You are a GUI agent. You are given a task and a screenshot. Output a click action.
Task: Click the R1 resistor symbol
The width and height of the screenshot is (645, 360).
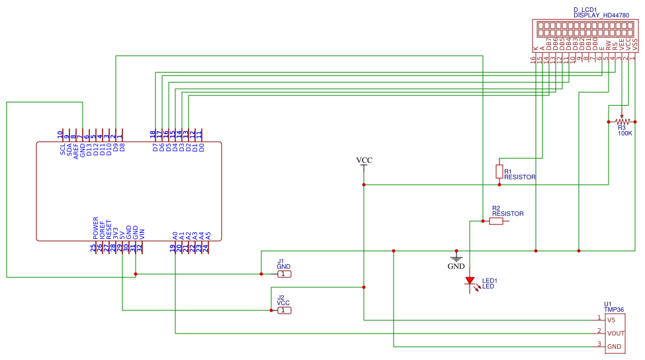click(x=499, y=171)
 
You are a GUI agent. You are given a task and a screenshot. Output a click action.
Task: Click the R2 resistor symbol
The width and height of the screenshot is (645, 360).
click(x=495, y=222)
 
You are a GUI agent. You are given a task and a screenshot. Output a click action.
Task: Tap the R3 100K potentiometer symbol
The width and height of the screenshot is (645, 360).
click(x=621, y=122)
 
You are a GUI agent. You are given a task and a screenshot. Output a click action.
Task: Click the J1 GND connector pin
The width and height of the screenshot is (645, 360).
click(x=283, y=273)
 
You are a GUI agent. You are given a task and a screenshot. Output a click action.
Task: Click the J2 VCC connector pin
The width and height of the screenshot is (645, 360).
click(x=283, y=310)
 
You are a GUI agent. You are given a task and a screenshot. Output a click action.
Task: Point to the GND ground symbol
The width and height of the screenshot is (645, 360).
click(x=456, y=259)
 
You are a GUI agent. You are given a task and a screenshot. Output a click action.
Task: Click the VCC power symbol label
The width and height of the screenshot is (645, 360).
click(x=364, y=161)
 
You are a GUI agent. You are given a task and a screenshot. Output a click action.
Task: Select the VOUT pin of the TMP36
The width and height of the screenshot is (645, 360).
click(x=616, y=333)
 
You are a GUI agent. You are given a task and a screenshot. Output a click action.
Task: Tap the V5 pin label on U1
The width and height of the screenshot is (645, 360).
click(x=611, y=320)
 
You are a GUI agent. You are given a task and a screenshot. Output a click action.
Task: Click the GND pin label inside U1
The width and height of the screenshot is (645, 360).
click(x=614, y=346)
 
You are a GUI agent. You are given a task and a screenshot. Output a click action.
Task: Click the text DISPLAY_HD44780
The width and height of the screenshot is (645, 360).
click(x=601, y=15)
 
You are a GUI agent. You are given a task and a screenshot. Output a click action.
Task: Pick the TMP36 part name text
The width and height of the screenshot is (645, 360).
click(x=615, y=309)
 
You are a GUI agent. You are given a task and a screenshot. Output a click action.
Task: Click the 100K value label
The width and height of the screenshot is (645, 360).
click(x=625, y=133)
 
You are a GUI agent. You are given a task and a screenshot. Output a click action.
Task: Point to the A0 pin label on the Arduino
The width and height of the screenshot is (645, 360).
click(x=175, y=235)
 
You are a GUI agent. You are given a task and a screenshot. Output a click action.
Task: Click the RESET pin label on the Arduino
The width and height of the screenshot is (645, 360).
click(x=109, y=230)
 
